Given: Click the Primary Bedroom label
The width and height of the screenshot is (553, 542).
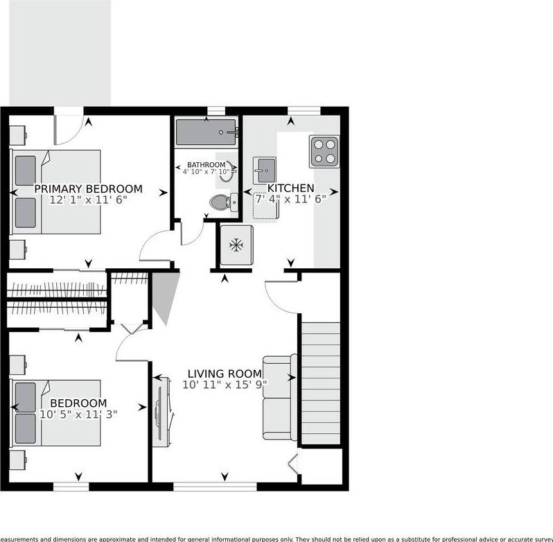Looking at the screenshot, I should point(88,189).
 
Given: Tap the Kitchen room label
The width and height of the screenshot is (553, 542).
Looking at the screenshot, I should point(291,188).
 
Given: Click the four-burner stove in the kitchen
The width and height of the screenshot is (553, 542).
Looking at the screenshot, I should point(324,151).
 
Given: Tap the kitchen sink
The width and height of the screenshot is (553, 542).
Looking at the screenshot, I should point(264,169).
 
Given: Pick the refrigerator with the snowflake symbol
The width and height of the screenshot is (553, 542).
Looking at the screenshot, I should point(237,245).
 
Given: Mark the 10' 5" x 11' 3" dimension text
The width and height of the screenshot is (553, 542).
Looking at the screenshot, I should point(78,414).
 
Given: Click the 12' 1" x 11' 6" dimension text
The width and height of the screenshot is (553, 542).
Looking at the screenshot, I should point(88,200).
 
